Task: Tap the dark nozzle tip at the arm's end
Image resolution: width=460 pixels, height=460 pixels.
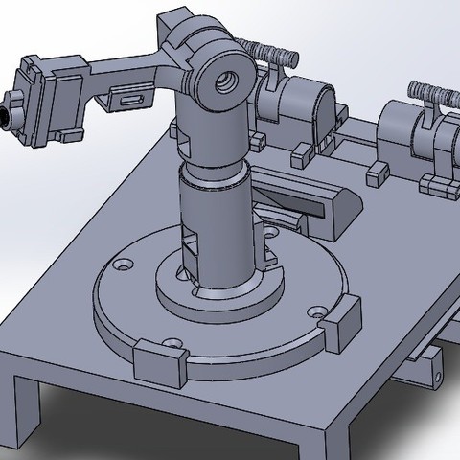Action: tap(5, 115)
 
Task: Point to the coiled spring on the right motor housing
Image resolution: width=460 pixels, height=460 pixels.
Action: tap(433, 95)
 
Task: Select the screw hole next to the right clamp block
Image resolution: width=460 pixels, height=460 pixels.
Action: tap(317, 312)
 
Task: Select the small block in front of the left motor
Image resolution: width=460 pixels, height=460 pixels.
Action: tap(303, 150)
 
